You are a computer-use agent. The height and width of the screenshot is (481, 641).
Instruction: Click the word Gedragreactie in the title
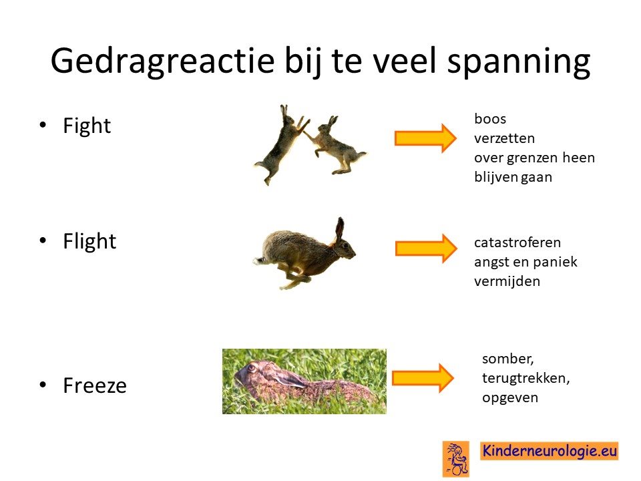(162, 61)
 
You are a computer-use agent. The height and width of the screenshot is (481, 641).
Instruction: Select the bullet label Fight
(87, 126)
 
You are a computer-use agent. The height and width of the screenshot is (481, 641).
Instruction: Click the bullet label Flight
(89, 241)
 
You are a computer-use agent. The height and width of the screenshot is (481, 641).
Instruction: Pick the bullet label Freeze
(95, 385)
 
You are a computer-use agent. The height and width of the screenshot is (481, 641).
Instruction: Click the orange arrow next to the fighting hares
(425, 138)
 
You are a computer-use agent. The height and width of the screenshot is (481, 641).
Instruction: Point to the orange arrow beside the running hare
(426, 249)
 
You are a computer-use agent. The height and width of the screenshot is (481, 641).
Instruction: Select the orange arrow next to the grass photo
(423, 378)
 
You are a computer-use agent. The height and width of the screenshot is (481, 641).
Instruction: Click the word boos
(490, 119)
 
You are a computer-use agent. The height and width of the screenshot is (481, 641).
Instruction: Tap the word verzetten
(505, 138)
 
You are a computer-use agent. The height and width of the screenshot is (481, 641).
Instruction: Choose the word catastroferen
(517, 243)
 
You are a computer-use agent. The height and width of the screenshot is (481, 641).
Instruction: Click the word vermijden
(507, 281)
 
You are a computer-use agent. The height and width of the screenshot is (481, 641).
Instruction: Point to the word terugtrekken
(525, 378)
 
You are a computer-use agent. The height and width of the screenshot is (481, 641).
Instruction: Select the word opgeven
(510, 398)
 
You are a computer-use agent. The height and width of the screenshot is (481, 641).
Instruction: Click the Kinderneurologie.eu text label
(550, 451)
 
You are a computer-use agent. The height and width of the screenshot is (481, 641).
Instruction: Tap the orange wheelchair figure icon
(456, 459)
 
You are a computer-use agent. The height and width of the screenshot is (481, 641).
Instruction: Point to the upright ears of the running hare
(339, 229)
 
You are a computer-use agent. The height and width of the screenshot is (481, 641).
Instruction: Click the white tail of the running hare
(258, 260)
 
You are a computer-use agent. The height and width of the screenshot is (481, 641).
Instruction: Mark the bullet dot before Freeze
(43, 385)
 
